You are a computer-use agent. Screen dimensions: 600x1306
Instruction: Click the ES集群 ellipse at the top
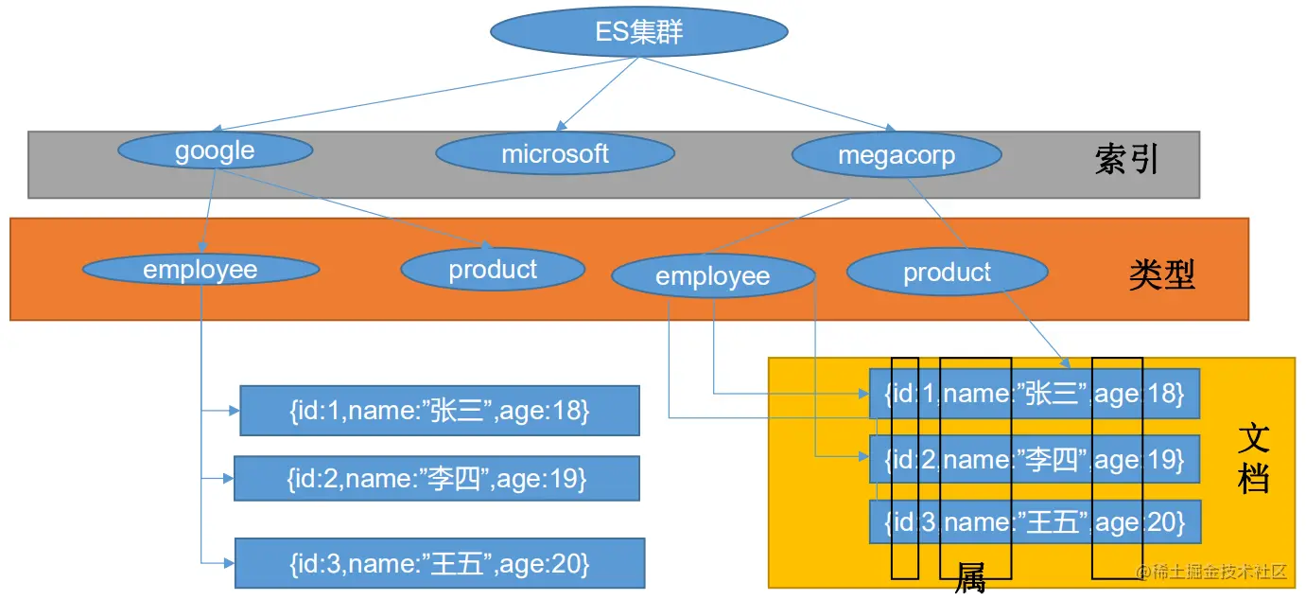(x=639, y=33)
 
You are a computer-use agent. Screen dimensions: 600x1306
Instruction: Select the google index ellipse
(x=215, y=151)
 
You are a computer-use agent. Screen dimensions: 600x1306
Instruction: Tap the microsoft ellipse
(x=555, y=154)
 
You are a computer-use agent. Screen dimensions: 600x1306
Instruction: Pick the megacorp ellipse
(x=896, y=156)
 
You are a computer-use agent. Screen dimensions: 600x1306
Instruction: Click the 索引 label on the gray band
(x=1126, y=160)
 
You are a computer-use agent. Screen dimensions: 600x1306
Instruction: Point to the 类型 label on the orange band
(x=1161, y=274)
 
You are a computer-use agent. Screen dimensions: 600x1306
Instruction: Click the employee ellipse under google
(x=200, y=270)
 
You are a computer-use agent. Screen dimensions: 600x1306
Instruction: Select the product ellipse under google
(x=493, y=270)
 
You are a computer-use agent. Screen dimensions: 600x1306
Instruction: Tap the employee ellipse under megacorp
(x=713, y=276)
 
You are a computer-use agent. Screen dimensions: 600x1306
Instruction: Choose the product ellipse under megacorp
(x=947, y=274)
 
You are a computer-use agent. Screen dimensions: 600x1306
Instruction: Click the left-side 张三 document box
(x=439, y=411)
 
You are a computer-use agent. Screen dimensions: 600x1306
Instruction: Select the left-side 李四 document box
(x=436, y=479)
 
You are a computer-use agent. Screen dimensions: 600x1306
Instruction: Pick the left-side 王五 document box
(x=439, y=564)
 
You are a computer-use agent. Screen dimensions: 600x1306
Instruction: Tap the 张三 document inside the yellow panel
(x=1034, y=393)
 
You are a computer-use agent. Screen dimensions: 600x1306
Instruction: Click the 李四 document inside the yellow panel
(x=1034, y=460)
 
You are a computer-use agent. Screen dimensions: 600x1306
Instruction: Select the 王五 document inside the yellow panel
(x=1034, y=521)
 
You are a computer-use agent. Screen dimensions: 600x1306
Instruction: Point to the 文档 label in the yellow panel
(x=1253, y=459)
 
